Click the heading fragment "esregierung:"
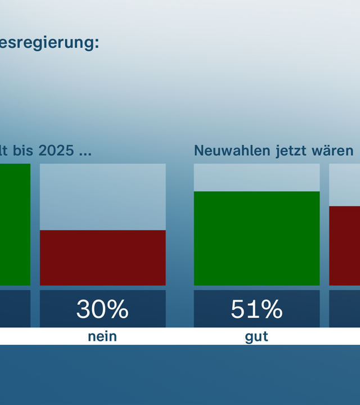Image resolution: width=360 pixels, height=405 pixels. click(49, 43)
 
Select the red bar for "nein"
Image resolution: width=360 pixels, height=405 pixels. click(102, 258)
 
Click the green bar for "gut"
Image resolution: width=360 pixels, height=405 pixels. click(256, 238)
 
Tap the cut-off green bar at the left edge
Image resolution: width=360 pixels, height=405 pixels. click(15, 224)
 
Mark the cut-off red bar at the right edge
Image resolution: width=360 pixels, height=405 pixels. click(344, 246)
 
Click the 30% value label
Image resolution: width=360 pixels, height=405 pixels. click(102, 309)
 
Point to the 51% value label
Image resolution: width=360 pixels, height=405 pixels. click(256, 309)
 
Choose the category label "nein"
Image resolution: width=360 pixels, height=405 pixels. click(102, 337)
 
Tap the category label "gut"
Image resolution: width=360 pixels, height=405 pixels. click(256, 337)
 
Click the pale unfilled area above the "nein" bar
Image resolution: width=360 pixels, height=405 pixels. click(102, 196)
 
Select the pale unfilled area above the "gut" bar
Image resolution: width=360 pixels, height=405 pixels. click(256, 177)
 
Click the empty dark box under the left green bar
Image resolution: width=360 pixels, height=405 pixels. click(15, 308)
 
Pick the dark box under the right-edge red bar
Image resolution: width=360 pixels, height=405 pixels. click(344, 308)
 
